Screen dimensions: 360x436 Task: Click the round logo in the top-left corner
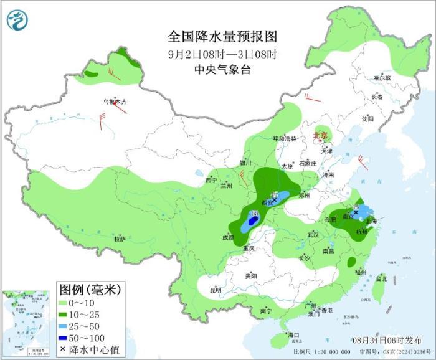[18, 20]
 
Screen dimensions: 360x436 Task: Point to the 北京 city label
[321, 135]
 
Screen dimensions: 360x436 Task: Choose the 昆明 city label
[216, 290]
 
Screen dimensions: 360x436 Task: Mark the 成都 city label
[228, 237]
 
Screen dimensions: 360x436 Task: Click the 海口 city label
[293, 335]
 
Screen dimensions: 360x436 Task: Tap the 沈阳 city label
[367, 118]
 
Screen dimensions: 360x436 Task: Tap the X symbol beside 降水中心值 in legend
[62, 349]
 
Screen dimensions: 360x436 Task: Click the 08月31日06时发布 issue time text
[386, 339]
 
